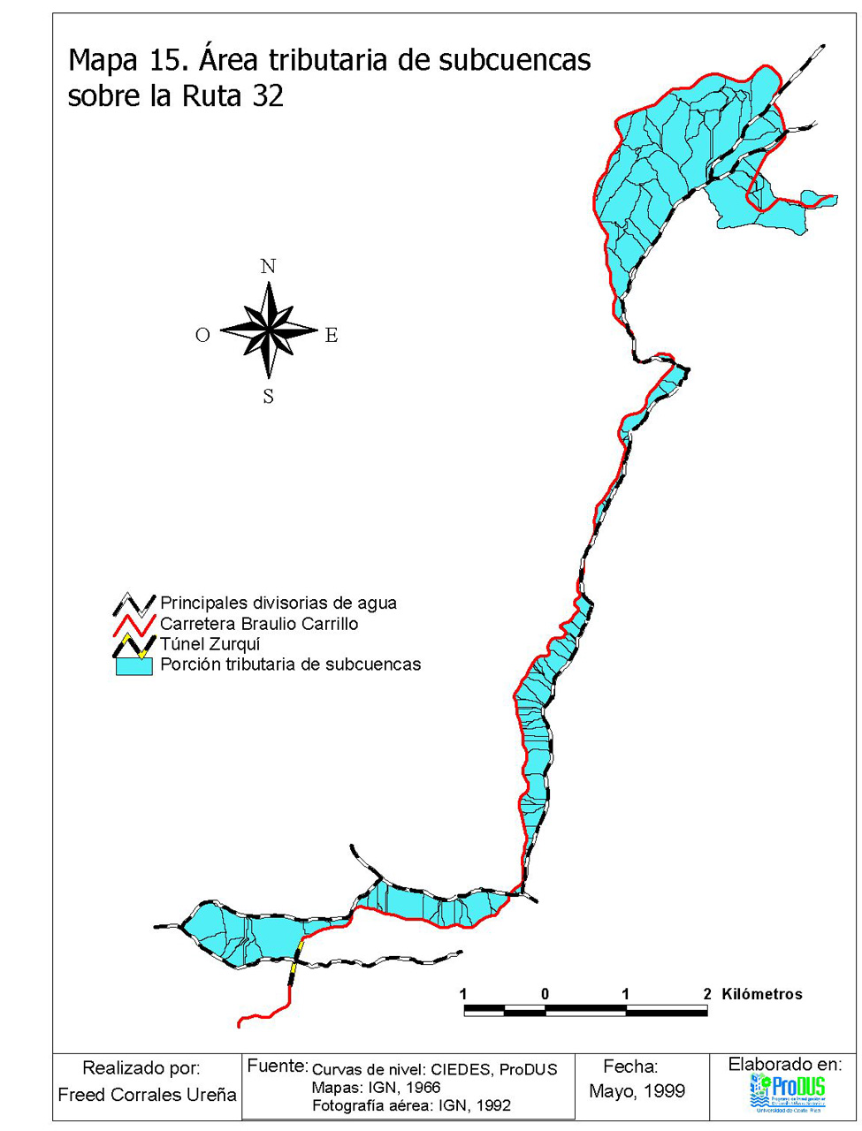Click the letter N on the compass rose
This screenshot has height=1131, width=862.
(x=268, y=266)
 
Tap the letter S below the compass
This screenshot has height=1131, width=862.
(x=268, y=397)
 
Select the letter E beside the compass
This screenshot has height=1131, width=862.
(x=332, y=335)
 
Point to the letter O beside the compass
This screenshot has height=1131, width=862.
(x=202, y=335)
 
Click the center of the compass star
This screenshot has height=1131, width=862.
(x=268, y=330)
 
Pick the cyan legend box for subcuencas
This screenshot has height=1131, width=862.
(x=133, y=666)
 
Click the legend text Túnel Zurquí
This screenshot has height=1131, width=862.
(x=210, y=644)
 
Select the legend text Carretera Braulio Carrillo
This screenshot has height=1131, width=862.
(x=259, y=624)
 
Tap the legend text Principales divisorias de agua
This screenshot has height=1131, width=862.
(x=278, y=603)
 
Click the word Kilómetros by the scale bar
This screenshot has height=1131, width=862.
(x=762, y=994)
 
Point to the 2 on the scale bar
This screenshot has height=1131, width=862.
(x=707, y=994)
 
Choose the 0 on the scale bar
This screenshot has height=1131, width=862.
(x=545, y=994)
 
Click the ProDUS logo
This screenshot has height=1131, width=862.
(x=787, y=1091)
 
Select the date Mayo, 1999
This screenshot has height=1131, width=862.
(x=637, y=1091)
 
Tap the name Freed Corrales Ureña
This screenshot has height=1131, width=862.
(x=147, y=1095)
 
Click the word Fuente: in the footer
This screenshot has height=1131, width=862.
(x=277, y=1066)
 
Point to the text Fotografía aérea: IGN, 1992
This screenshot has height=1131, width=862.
(x=411, y=1105)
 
